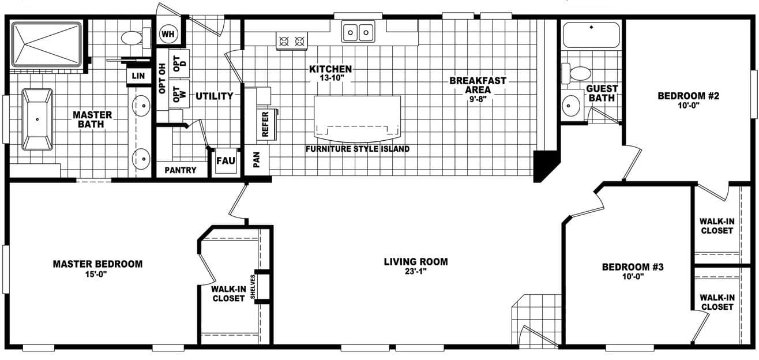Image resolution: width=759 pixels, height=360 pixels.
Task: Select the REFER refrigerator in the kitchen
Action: click(x=266, y=123)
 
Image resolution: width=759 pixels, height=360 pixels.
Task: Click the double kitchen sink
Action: click(x=358, y=32)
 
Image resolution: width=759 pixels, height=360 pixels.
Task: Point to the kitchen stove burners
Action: click(x=291, y=41)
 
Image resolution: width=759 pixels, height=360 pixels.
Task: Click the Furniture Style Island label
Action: click(x=358, y=149)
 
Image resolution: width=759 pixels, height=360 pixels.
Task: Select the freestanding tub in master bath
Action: click(x=37, y=119)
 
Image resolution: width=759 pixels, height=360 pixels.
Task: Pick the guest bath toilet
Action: click(x=577, y=73)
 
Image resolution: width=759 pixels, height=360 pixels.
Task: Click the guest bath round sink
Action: click(x=571, y=106)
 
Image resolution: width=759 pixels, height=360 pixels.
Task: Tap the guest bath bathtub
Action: click(x=591, y=35)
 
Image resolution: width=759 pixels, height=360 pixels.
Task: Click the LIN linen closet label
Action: click(x=138, y=76)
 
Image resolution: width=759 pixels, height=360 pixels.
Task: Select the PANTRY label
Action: click(x=181, y=170)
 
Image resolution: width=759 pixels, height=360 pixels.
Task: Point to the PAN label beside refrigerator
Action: click(x=257, y=160)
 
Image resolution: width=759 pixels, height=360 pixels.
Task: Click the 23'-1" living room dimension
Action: click(x=415, y=271)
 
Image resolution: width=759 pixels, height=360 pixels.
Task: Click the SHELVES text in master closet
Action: click(x=253, y=287)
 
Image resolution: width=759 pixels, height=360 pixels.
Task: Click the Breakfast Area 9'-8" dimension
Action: click(x=478, y=99)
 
